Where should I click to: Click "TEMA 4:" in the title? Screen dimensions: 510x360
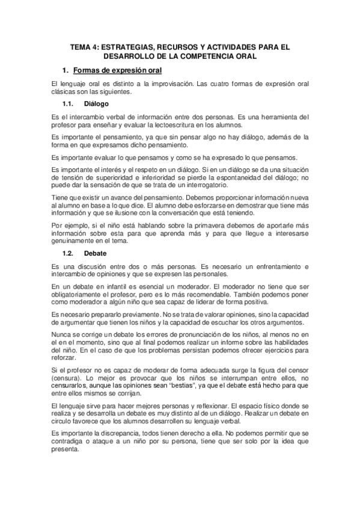[x=85, y=46]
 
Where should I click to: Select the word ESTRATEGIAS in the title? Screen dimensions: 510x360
[x=129, y=46]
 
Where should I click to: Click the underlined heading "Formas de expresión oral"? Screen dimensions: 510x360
[x=122, y=71]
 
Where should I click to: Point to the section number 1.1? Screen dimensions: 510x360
[x=69, y=104]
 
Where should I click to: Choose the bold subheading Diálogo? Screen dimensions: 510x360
[x=96, y=104]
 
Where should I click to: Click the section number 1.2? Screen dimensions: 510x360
[x=69, y=236]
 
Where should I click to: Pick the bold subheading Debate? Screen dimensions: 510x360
[x=95, y=236]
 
